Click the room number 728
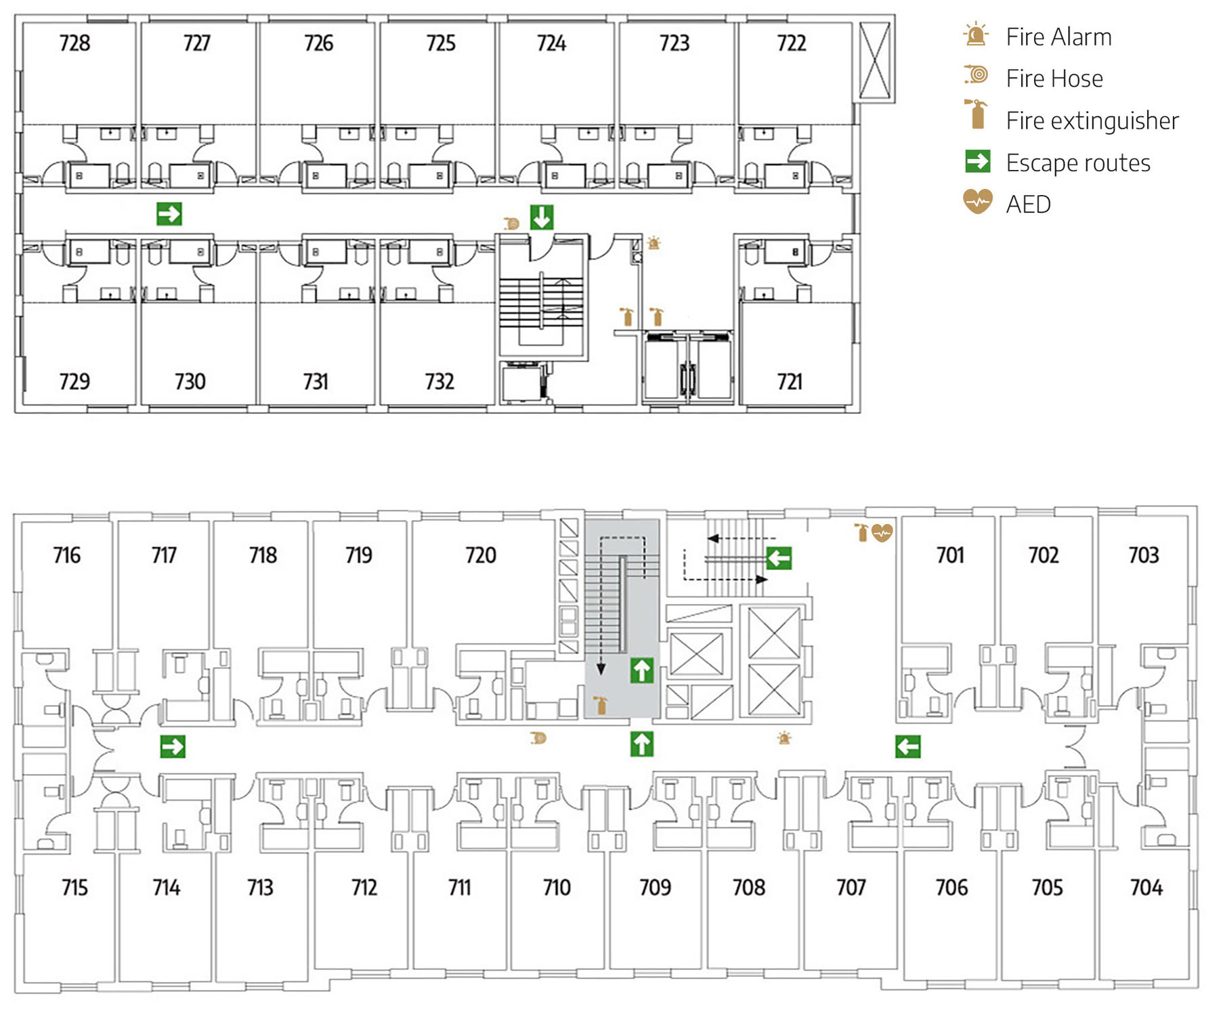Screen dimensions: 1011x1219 click(74, 43)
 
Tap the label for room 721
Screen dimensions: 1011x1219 click(790, 382)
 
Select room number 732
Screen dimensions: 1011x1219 click(440, 382)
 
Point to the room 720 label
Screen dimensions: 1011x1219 click(481, 555)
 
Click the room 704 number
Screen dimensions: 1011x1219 click(1146, 887)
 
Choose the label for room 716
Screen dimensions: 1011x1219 click(67, 555)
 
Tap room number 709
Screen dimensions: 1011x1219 click(655, 887)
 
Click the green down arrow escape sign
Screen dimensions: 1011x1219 click(542, 217)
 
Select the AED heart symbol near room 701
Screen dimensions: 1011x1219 click(882, 533)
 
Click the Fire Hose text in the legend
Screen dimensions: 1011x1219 click(1054, 79)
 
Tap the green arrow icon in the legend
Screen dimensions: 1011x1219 click(977, 162)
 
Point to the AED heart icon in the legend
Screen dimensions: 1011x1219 click(977, 202)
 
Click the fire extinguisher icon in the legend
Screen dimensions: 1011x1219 click(977, 115)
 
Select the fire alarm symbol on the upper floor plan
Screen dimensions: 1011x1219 click(654, 242)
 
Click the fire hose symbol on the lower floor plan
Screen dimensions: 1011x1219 click(538, 737)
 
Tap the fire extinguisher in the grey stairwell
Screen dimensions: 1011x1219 click(600, 705)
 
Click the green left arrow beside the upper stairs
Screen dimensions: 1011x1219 click(779, 558)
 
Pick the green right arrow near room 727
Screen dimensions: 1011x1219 click(169, 214)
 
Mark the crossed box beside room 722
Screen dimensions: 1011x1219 click(874, 60)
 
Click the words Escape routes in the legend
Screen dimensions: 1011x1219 click(1077, 163)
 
